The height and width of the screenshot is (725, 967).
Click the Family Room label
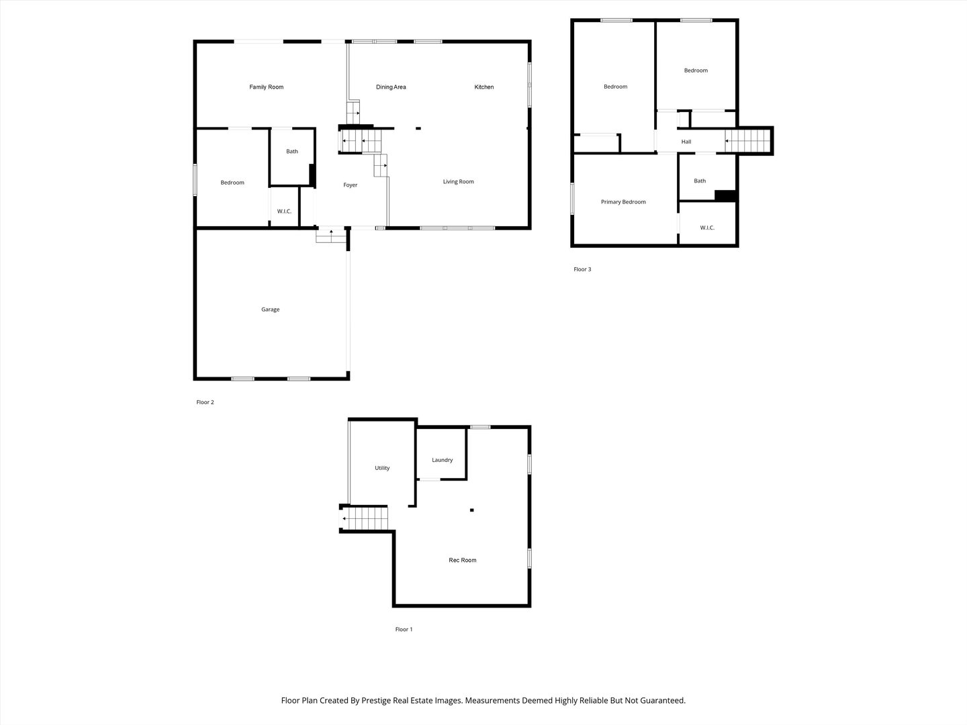point(267,87)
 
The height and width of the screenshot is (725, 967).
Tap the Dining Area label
point(391,87)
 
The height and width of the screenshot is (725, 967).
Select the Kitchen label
point(484,87)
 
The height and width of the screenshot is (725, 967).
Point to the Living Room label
point(459,182)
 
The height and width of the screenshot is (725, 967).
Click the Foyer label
point(351,185)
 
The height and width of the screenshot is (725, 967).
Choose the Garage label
point(271,309)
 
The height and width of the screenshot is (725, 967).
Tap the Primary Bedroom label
point(623,202)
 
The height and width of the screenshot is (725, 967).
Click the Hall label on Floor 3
point(686,142)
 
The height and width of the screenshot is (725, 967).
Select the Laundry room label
point(443,460)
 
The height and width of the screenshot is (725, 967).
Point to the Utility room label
point(382,468)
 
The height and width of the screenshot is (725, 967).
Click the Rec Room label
point(463,560)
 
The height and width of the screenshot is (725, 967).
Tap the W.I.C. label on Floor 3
point(707,228)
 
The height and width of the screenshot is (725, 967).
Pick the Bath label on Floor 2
point(292,152)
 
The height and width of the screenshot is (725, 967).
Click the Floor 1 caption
point(404,630)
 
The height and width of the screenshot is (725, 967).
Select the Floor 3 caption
point(582,270)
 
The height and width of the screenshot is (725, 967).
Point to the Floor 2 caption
point(205,403)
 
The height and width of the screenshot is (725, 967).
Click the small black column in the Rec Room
point(472,511)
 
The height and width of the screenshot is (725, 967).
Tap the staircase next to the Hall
point(748,141)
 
